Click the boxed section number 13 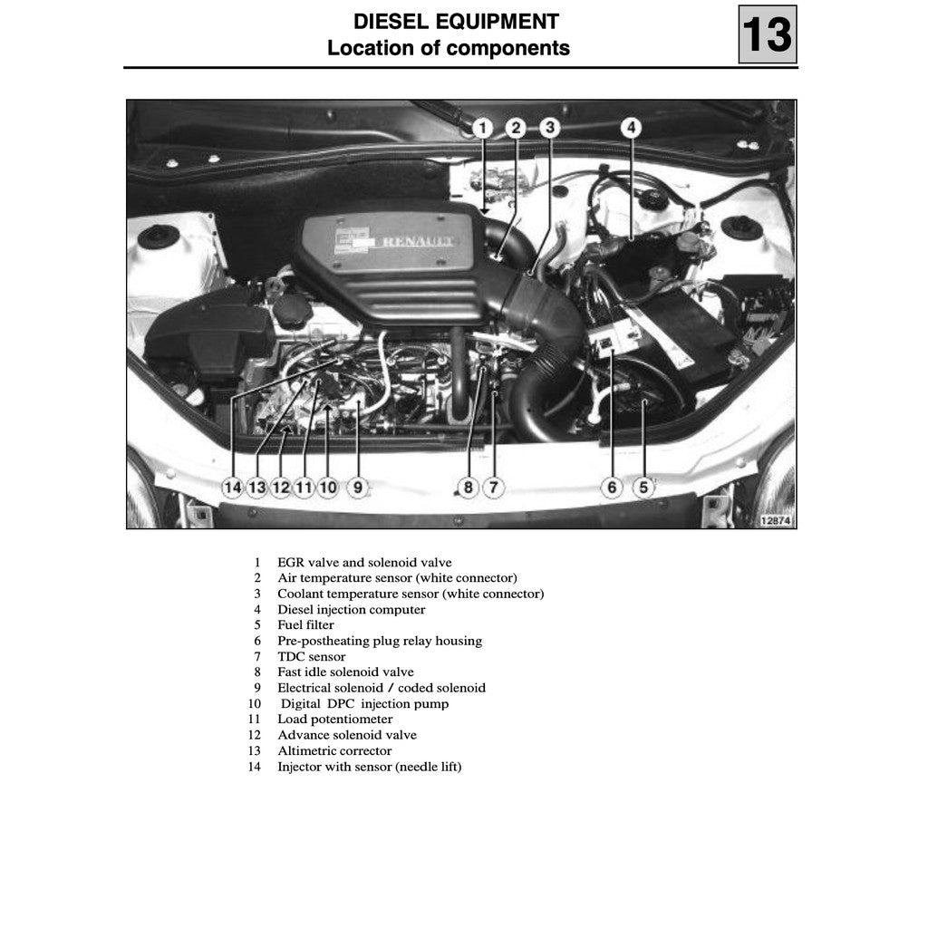click(x=767, y=34)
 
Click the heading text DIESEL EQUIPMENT click(x=456, y=22)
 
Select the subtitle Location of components click(x=449, y=48)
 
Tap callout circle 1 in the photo click(x=483, y=128)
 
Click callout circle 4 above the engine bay click(x=631, y=128)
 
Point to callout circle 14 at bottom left click(x=233, y=488)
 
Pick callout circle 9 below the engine click(x=358, y=488)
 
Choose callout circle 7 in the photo click(x=493, y=488)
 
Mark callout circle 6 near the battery click(x=612, y=488)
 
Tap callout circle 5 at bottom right click(x=643, y=488)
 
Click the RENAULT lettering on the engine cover click(x=418, y=242)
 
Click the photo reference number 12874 click(x=775, y=520)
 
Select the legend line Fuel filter click(x=305, y=625)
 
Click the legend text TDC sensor click(x=311, y=656)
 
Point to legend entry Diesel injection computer click(x=351, y=610)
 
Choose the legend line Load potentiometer click(x=334, y=720)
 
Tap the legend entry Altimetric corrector click(x=334, y=750)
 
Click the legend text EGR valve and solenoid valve click(x=364, y=563)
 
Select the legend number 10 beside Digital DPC click(x=255, y=704)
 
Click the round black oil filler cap click(x=293, y=310)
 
